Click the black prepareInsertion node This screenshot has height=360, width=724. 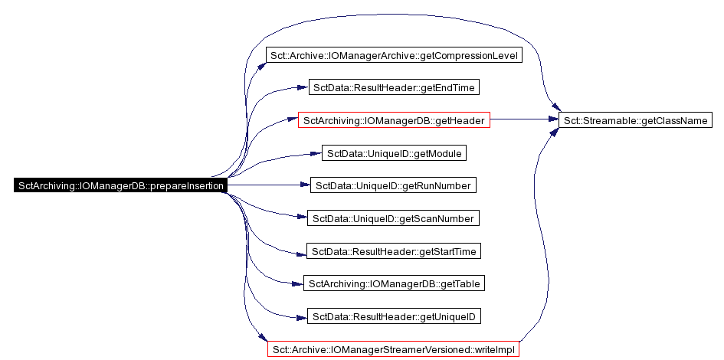click(121, 185)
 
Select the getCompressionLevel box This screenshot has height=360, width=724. click(395, 56)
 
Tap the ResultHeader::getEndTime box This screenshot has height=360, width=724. click(394, 87)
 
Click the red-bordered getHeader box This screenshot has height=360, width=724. click(394, 120)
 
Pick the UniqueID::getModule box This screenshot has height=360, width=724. click(394, 153)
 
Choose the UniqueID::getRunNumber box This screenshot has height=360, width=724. click(393, 185)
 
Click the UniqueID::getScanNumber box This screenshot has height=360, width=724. click(393, 218)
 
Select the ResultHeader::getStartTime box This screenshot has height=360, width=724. click(394, 251)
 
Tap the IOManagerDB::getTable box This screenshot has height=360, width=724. click(394, 283)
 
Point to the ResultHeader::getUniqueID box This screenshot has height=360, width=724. click(394, 316)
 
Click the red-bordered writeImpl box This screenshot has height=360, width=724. click(393, 349)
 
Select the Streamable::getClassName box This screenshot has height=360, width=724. click(635, 120)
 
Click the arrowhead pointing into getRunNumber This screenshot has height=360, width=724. click(305, 185)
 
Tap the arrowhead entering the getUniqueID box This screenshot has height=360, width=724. click(302, 317)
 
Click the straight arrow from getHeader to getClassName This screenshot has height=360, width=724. click(524, 119)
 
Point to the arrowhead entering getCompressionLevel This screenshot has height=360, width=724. click(262, 65)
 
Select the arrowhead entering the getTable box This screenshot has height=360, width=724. click(298, 284)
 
